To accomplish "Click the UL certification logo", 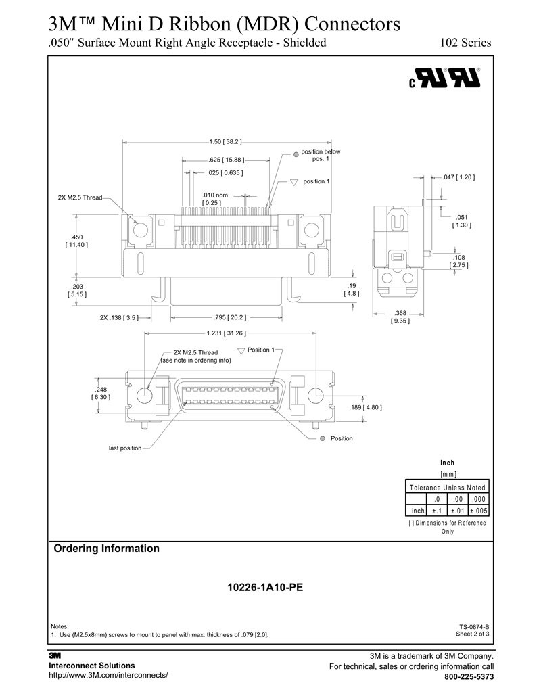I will [x=444, y=78].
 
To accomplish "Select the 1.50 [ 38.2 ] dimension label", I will [x=225, y=142].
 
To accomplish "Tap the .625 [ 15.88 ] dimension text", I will [x=226, y=160].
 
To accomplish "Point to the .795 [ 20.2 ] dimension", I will [x=230, y=317].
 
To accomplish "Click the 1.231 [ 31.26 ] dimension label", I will [x=226, y=333].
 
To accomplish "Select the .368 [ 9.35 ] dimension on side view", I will [x=400, y=317].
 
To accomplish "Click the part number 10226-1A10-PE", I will [x=265, y=588].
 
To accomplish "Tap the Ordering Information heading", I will [x=107, y=549].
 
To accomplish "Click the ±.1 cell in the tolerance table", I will [x=437, y=511].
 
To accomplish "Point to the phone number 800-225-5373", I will [x=469, y=677].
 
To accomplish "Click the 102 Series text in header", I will [x=465, y=43].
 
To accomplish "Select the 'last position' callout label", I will [x=125, y=448].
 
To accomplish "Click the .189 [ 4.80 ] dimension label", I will [x=366, y=408].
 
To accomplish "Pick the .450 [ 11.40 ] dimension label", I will [x=76, y=241].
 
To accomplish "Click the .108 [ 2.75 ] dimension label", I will [x=459, y=261].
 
